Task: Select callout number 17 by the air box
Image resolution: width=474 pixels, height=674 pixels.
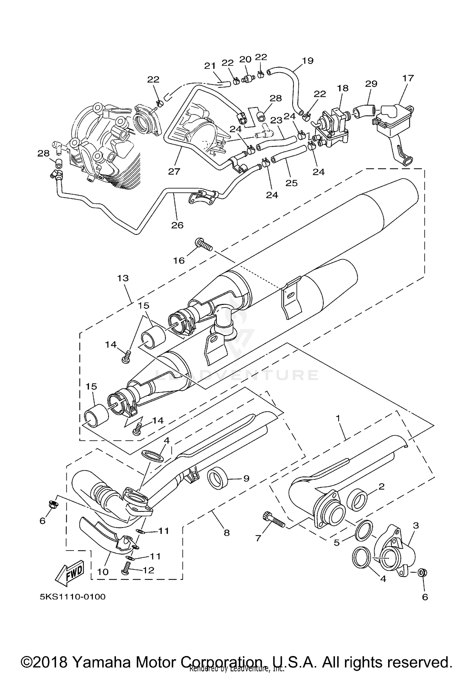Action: pos(408,78)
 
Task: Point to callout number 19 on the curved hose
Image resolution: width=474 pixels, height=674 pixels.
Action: pos(307,61)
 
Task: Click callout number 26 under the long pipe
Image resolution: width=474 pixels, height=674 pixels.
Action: pos(177,225)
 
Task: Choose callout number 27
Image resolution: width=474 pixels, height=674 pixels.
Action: pos(174,171)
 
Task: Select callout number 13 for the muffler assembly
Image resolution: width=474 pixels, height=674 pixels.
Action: pos(123,278)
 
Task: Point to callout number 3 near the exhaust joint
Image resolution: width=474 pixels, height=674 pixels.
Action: pos(416,525)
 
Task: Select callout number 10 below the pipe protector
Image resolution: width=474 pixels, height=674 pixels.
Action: pos(103,571)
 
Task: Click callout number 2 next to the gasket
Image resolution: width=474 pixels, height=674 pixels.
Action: pos(381,486)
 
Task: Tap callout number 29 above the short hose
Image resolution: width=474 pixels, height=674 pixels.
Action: pos(371,84)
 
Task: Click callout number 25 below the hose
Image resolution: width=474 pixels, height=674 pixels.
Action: pos(291,183)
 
